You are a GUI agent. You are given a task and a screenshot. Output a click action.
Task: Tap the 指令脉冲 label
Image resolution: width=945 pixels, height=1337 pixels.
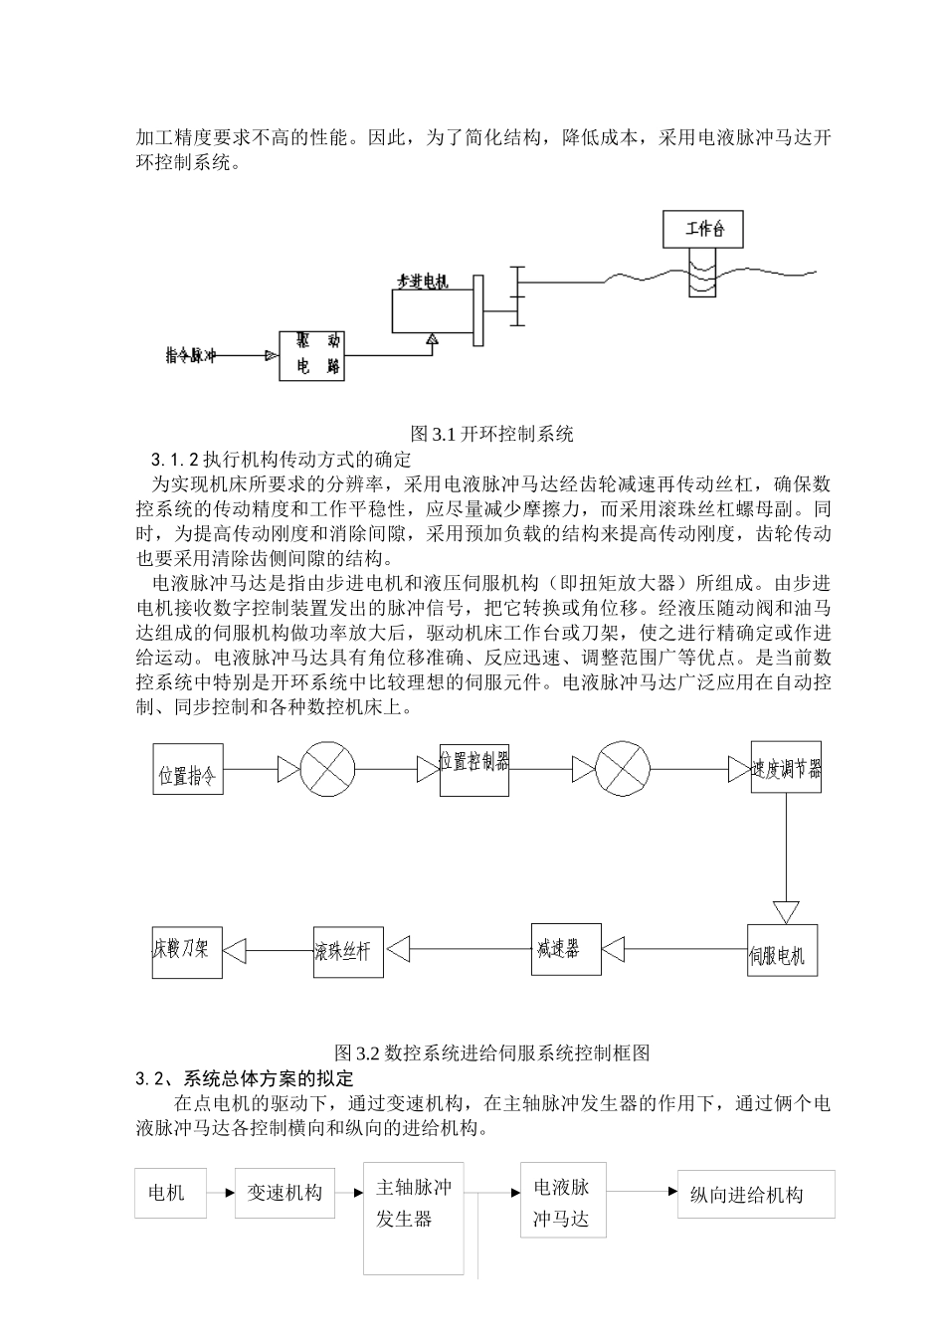191,355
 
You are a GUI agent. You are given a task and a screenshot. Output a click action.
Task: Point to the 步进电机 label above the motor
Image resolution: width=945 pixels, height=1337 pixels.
422,282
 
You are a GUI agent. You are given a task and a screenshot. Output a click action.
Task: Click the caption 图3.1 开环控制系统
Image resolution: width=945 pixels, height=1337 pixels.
492,434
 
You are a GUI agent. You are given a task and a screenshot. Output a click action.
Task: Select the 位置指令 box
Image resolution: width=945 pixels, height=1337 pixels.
187,768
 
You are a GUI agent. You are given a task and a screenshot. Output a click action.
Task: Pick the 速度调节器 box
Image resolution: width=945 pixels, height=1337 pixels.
786,767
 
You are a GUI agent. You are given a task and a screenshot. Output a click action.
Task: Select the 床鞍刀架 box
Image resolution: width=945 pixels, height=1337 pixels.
187,950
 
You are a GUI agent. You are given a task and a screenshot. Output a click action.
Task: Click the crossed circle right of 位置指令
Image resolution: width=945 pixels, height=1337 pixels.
328,768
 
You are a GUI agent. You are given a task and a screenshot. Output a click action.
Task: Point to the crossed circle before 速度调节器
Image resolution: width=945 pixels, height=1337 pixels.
624,768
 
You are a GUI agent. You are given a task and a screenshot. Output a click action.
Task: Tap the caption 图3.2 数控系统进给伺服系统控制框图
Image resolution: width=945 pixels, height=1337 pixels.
492,1052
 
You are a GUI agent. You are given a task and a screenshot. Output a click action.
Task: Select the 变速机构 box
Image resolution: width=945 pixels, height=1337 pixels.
285,1193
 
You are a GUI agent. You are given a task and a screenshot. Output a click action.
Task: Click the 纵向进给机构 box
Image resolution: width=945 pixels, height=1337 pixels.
755,1194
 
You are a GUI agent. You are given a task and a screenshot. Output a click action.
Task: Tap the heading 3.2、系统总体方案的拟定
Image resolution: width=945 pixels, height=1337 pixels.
244,1078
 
